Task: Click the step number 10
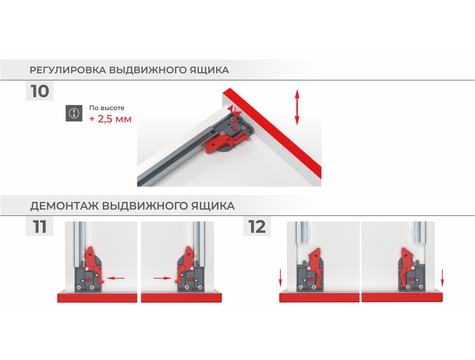click(40, 91)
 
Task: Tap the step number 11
click(40, 227)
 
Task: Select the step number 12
click(257, 227)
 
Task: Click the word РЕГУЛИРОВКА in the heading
click(68, 70)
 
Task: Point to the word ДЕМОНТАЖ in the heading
click(64, 206)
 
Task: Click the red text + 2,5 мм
click(110, 119)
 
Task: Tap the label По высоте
click(107, 108)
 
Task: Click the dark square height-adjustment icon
click(74, 113)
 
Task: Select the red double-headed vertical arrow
click(297, 107)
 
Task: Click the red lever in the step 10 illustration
click(226, 142)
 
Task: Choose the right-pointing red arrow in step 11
click(162, 278)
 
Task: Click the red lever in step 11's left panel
click(94, 263)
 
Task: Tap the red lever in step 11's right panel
click(185, 263)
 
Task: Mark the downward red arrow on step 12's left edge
click(281, 278)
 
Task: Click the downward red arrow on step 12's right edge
click(442, 278)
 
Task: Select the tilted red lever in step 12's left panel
click(316, 266)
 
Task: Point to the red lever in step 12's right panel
click(407, 266)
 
